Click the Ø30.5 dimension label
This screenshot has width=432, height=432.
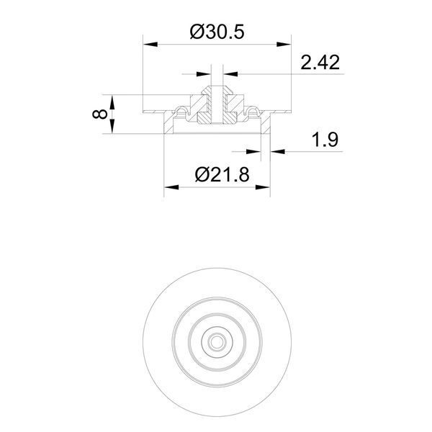(x=217, y=32)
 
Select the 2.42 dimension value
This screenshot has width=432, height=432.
(x=320, y=63)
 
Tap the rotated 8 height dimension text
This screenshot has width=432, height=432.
(x=100, y=114)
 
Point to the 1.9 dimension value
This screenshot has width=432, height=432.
(x=325, y=140)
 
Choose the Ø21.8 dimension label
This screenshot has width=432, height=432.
(x=222, y=175)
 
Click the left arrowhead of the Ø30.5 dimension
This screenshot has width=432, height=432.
(x=150, y=45)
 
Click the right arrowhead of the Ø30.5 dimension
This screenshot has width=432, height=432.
(x=284, y=45)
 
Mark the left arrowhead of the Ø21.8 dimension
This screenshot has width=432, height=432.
(x=171, y=187)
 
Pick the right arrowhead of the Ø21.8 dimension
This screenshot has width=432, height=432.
(x=263, y=187)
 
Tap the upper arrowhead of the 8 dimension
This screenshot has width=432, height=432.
(x=112, y=102)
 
